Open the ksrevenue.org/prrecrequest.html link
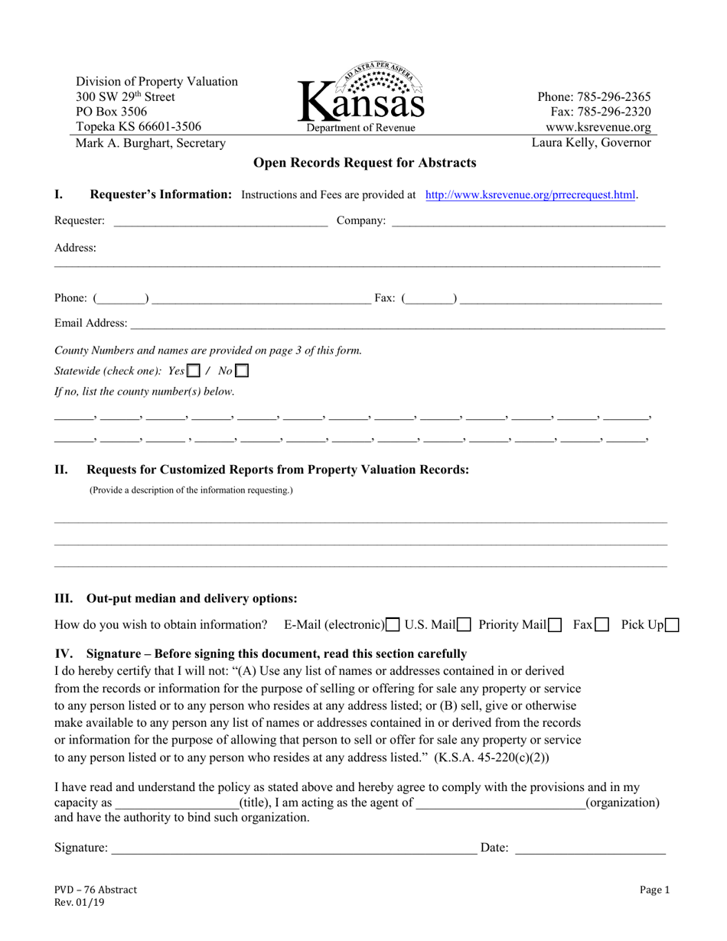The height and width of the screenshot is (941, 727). (x=530, y=195)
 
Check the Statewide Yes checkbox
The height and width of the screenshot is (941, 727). (x=194, y=371)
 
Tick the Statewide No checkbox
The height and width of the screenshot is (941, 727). (x=242, y=371)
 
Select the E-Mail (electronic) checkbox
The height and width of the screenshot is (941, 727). (x=393, y=625)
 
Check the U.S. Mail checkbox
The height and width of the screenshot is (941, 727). (x=464, y=625)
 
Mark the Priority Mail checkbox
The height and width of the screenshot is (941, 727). (x=556, y=625)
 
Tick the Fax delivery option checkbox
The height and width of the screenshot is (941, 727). (x=602, y=625)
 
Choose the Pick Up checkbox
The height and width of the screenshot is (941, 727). (x=672, y=625)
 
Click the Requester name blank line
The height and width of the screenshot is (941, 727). (x=220, y=221)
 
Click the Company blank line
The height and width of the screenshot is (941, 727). (x=528, y=221)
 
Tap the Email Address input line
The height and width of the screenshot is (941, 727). (x=397, y=324)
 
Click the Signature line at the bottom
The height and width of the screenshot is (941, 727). (x=294, y=848)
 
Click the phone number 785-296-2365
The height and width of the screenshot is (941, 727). (x=594, y=97)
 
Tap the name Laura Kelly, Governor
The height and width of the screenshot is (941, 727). (x=592, y=143)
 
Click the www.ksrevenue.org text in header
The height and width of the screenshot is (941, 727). (x=598, y=128)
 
